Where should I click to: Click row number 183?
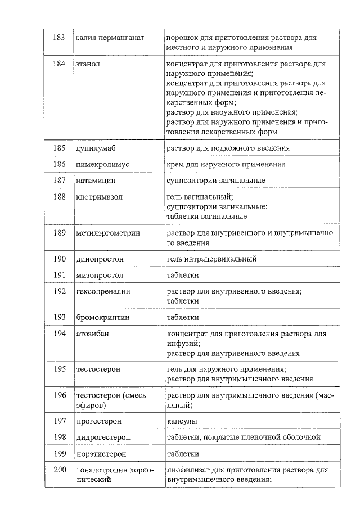pos(58,38)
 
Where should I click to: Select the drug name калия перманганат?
pos(110,38)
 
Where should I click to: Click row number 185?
pos(59,148)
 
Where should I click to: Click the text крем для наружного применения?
pos(226,165)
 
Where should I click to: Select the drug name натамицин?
pos(96,181)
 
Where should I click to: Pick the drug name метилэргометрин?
pos(108,233)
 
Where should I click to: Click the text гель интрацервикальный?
pos(211,259)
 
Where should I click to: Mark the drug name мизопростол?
pos(100,276)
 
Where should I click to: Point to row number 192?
pos(59,291)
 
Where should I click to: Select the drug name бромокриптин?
pos(103,317)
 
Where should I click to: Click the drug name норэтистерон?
pos(101,453)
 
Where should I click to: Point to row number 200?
pos(59,470)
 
